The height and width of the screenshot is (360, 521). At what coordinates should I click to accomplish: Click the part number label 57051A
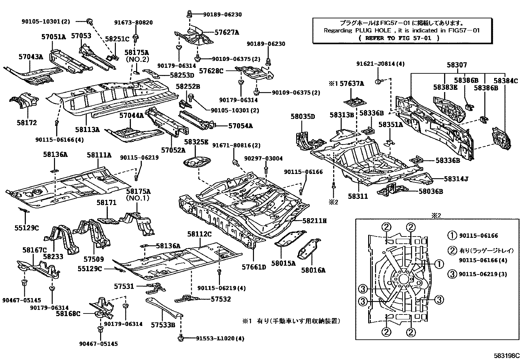53,37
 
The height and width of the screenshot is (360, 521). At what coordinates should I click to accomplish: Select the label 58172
27,123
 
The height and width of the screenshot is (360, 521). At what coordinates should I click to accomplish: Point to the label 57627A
227,32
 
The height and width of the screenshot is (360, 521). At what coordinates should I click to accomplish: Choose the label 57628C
211,70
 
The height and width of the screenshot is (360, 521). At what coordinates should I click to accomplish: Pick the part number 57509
94,259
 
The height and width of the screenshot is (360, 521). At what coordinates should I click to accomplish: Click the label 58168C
68,313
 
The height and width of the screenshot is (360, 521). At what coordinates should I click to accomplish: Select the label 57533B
163,325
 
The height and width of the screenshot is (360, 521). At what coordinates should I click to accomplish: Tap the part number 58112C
199,234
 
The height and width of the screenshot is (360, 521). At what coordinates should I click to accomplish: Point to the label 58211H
314,221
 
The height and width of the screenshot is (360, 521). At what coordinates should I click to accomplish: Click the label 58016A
313,270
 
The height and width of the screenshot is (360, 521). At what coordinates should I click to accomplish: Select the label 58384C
506,81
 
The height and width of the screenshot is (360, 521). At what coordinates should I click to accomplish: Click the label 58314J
456,179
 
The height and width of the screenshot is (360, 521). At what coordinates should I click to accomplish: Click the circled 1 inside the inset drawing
439,264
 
